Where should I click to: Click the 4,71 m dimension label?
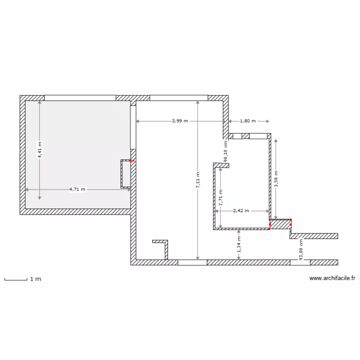pos(77,189)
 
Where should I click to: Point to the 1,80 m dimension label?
pos(248,121)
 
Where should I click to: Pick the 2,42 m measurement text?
pos(241,210)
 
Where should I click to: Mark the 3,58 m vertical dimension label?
pos(276,178)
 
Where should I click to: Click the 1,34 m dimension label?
pos(239,246)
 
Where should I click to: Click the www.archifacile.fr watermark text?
pos(332,278)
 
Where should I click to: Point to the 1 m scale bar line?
pos(15,279)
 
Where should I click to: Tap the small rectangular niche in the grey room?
pos(126,174)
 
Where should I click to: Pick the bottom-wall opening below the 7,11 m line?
pos(192,263)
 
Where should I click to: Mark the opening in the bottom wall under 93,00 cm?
pos(300,263)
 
